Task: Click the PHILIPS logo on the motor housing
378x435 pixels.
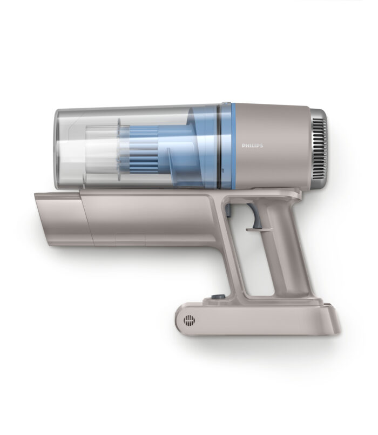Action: [252, 146]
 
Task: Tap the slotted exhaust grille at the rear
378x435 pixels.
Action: [319, 148]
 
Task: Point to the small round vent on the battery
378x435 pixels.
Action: [189, 321]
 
